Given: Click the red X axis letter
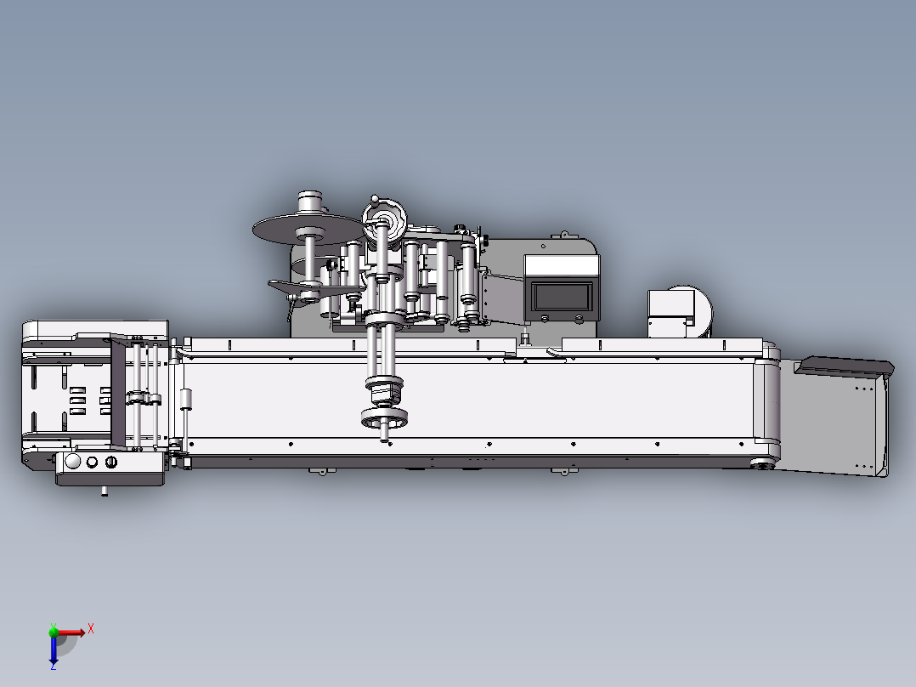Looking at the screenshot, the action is [x=91, y=629].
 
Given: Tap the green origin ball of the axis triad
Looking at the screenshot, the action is [x=54, y=632].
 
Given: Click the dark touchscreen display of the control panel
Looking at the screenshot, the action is [x=562, y=297].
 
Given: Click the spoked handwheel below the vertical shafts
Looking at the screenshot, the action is [x=384, y=418].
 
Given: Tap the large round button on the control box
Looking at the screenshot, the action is [x=73, y=462].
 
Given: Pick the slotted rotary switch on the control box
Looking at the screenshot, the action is [x=111, y=462].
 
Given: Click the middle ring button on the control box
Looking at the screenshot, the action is [x=92, y=462].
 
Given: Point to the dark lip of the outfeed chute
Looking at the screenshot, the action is [x=846, y=367].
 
